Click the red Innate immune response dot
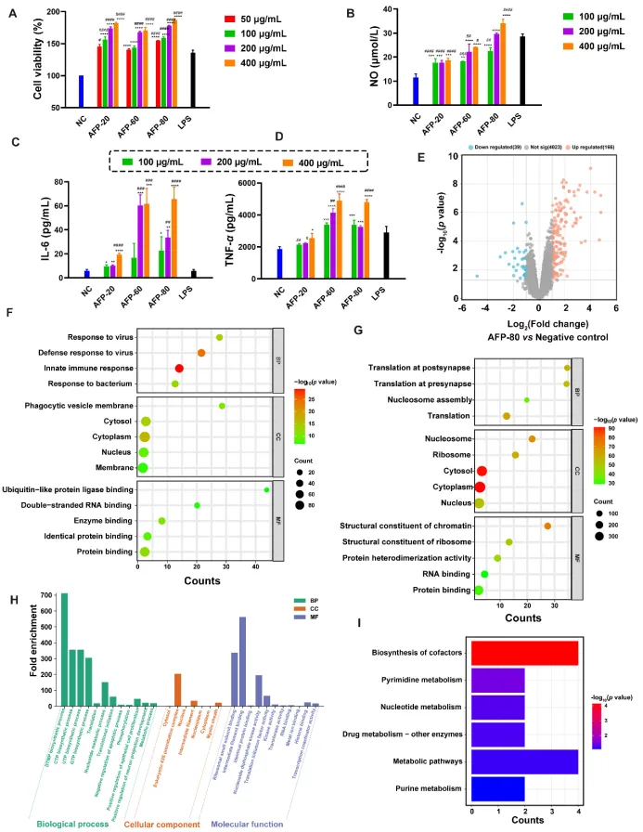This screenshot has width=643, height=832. pos(179,369)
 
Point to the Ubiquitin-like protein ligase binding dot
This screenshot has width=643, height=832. pos(266,489)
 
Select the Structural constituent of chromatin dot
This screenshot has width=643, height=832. pos(547,526)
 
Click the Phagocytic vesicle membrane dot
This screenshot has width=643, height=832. pos(222,406)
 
